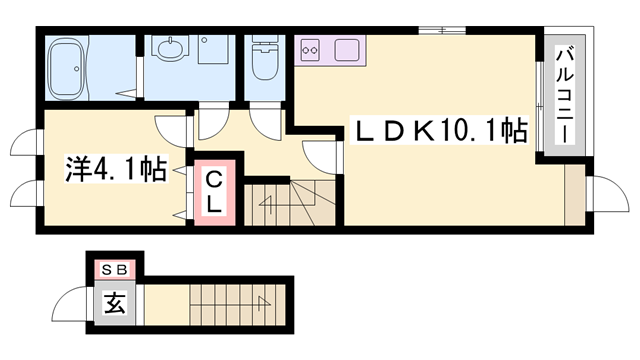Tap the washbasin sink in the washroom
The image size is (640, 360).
pyautogui.click(x=170, y=49)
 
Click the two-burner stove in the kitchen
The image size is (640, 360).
pyautogui.click(x=310, y=48)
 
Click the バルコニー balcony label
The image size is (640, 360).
pyautogui.click(x=563, y=95)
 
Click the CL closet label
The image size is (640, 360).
pyautogui.click(x=215, y=190)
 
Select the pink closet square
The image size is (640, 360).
pyautogui.click(x=215, y=190)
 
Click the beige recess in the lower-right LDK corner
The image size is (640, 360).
pyautogui.click(x=574, y=194)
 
